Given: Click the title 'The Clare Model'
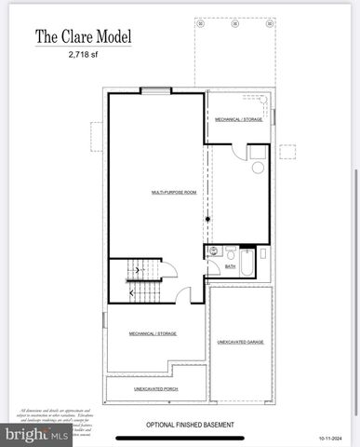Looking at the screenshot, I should click(x=83, y=37).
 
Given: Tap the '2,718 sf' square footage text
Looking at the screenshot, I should click(x=83, y=56).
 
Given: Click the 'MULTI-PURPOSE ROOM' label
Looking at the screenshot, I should click(x=174, y=192).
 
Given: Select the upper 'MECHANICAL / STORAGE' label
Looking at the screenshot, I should click(x=239, y=119).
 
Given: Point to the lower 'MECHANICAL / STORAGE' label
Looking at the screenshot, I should click(x=153, y=333).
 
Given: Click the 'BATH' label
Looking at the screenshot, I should click(x=231, y=267).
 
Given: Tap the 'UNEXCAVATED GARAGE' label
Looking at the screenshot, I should click(x=240, y=342).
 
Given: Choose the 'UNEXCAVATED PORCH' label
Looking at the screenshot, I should click(x=155, y=389).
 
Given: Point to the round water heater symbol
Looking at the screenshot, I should click(x=258, y=168).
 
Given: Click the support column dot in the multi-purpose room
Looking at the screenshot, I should click(x=207, y=219).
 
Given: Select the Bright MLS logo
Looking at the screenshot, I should click(x=37, y=433).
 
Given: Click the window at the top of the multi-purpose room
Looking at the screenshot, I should click(x=156, y=90).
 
